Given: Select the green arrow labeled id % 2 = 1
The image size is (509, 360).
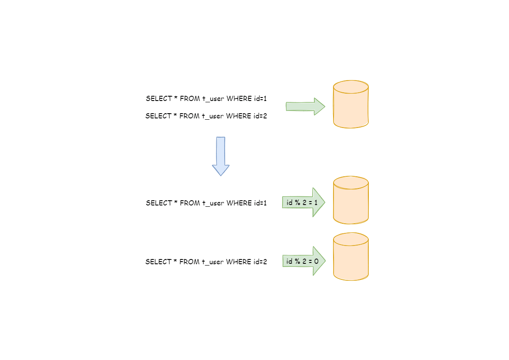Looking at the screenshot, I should coord(303,202).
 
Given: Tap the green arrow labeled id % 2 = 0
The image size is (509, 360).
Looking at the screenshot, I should coord(303,261).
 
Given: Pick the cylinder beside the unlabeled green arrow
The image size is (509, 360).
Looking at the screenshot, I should coord(351,104).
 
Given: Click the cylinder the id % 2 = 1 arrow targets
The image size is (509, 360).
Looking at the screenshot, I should coord(351,200).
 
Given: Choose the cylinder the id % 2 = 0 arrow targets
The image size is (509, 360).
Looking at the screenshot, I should coord(351,257).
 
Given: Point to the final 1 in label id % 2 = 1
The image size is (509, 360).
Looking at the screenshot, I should coord(316,202).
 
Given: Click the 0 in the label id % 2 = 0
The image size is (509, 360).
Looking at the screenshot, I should coord(316,261).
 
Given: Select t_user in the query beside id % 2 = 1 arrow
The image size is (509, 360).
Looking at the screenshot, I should coord(213,203).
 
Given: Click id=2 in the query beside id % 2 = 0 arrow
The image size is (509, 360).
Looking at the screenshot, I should coord(260,262).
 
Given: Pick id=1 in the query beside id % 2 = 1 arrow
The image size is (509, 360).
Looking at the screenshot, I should coord(260,203).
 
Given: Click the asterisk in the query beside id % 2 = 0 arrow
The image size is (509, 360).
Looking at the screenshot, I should coord(175,261).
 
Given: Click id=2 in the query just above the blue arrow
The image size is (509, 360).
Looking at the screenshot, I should coord(260,116).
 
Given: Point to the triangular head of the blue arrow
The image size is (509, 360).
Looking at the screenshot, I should coord(221,170).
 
